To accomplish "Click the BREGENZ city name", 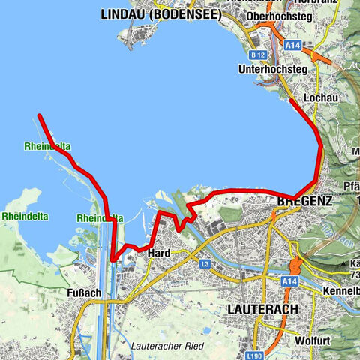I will click(x=304, y=202).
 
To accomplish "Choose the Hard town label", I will click(x=160, y=253).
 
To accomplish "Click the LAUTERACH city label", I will click(x=262, y=309).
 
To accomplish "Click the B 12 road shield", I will click(x=259, y=55).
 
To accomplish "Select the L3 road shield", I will click(x=205, y=264).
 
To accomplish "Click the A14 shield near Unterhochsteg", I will click(x=294, y=46).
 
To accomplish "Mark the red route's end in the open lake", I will click(x=38, y=115).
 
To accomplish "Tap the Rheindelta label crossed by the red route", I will click(x=100, y=218).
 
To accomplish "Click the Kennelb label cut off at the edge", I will click(x=341, y=289).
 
